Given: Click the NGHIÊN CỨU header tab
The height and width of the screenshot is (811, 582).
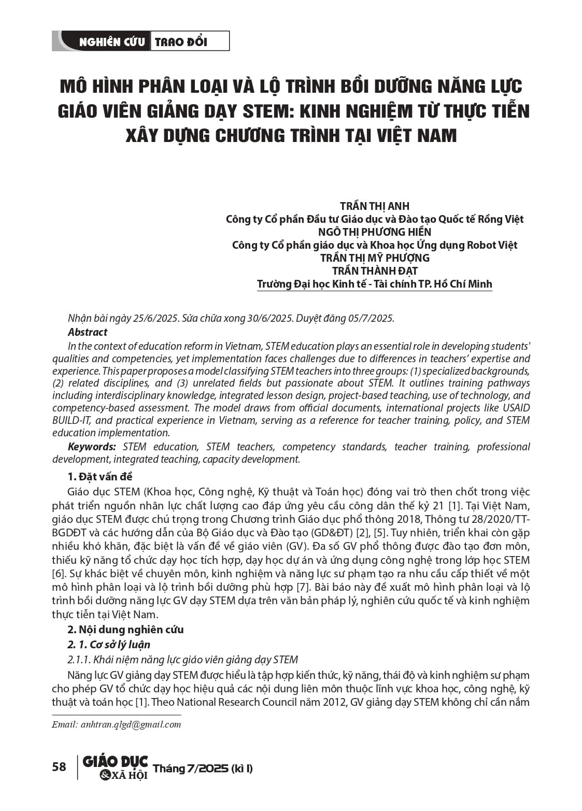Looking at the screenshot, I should pyautogui.click(x=111, y=42).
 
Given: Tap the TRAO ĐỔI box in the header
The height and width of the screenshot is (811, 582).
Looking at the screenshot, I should pyautogui.click(x=181, y=42).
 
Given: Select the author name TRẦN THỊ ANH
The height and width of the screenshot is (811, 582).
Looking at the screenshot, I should pyautogui.click(x=374, y=206).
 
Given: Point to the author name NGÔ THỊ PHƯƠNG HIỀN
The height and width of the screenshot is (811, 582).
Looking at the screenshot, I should pyautogui.click(x=374, y=232).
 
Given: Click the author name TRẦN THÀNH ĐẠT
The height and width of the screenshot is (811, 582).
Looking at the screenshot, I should pyautogui.click(x=374, y=271).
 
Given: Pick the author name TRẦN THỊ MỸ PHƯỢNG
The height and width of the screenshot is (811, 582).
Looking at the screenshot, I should pyautogui.click(x=374, y=258).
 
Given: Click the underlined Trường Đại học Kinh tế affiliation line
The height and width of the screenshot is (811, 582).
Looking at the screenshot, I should pyautogui.click(x=374, y=284).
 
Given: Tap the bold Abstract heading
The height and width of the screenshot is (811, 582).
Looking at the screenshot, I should pyautogui.click(x=88, y=332).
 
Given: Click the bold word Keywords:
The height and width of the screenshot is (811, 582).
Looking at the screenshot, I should pyautogui.click(x=92, y=447).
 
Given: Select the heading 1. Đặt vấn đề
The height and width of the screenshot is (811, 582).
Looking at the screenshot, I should pyautogui.click(x=100, y=477).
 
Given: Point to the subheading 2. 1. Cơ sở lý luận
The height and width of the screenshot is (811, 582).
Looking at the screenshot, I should pyautogui.click(x=109, y=645).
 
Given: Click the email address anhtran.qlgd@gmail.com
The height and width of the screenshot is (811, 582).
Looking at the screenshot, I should pyautogui.click(x=131, y=724).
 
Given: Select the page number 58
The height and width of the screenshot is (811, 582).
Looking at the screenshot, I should pyautogui.click(x=59, y=767).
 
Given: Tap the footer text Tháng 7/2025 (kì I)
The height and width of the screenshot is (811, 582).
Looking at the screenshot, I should pyautogui.click(x=203, y=769).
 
